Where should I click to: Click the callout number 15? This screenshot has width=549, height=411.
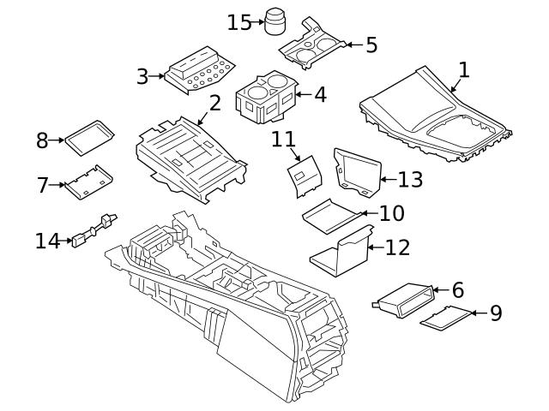[x=239, y=21]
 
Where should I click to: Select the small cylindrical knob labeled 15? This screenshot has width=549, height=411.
[x=274, y=21]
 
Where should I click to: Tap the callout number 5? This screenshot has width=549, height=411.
[x=371, y=45]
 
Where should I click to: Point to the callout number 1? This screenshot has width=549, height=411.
[x=463, y=69]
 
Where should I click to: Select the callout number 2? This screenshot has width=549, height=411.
[x=214, y=104]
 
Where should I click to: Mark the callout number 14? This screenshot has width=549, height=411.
[x=47, y=241]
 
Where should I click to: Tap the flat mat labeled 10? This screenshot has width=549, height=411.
[x=330, y=214]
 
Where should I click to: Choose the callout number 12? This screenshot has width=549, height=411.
[x=398, y=248]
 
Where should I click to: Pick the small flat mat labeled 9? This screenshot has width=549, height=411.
[x=446, y=317]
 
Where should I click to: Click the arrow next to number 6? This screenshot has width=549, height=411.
[x=438, y=290]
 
